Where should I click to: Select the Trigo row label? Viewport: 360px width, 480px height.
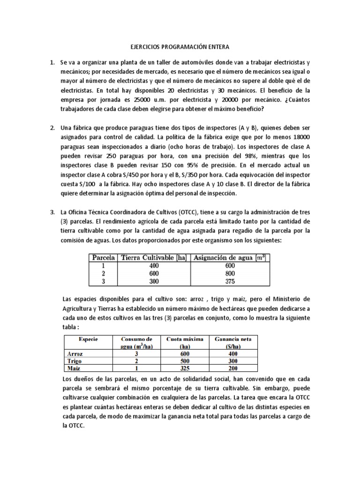point(74,362)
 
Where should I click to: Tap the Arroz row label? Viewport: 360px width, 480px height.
point(75,354)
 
